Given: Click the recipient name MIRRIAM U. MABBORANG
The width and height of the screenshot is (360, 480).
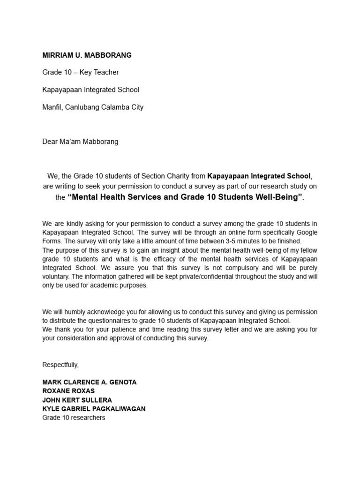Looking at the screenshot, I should coord(87,55).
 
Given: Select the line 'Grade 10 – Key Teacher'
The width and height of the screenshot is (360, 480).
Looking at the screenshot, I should coord(80,72).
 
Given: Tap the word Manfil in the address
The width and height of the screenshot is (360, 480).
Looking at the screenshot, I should coord(52,107).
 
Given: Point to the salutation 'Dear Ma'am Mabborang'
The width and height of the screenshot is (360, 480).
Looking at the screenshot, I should coord(80,142).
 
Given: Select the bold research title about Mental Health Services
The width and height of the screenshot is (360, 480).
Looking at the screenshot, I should coord(185,197).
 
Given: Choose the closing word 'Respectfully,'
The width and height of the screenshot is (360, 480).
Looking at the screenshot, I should coord(60,365).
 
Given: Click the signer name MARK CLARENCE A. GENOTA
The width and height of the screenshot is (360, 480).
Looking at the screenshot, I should coord(90,382).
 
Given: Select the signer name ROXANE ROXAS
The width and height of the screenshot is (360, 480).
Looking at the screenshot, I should coord(68,391).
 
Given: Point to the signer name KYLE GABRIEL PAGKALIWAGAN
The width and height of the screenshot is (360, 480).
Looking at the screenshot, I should coord(94,409).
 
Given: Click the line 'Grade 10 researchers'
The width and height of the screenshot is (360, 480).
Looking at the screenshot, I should coord(74,417).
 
